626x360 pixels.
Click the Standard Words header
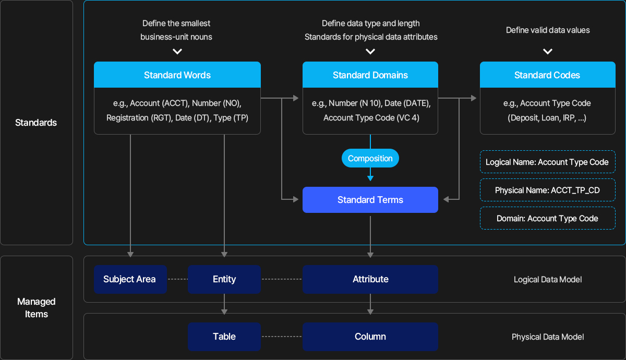click(x=177, y=75)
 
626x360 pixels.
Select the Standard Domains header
click(x=370, y=75)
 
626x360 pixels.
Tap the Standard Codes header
click(x=547, y=75)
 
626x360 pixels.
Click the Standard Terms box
click(x=370, y=200)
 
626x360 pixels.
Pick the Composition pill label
click(x=370, y=158)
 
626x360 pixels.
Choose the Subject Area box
click(x=130, y=279)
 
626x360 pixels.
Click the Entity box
click(x=224, y=279)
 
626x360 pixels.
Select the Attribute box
click(x=370, y=279)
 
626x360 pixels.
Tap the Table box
click(x=224, y=337)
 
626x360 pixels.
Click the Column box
click(x=370, y=337)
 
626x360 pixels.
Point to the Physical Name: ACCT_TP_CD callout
click(x=547, y=190)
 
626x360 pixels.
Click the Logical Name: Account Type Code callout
click(x=547, y=162)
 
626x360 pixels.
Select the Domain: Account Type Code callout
click(x=547, y=218)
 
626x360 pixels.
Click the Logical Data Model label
click(x=548, y=280)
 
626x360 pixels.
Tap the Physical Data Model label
click(x=548, y=337)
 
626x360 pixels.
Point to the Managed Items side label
click(x=37, y=308)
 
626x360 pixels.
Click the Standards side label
click(x=36, y=123)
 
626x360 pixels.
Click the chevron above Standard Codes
click(x=547, y=52)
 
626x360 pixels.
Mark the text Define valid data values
click(x=548, y=30)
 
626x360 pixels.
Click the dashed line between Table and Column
click(x=282, y=337)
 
